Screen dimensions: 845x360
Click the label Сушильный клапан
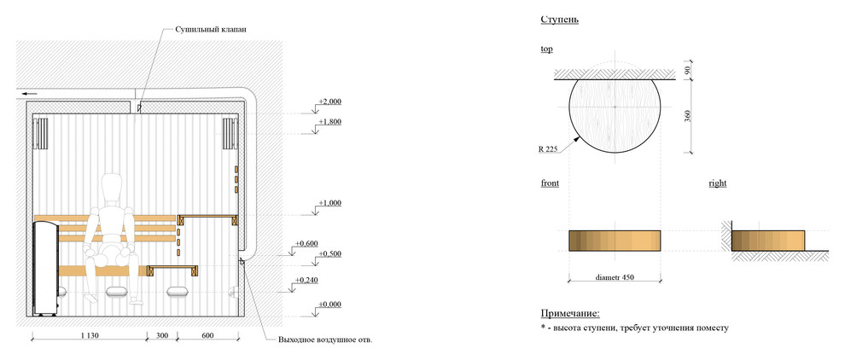tap(211, 30)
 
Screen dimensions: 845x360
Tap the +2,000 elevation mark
tap(329, 102)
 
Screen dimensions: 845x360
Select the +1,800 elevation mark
tap(329, 122)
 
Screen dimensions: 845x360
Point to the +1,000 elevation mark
tap(329, 203)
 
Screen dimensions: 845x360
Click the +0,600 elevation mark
tap(306, 244)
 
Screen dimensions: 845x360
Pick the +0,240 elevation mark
tap(306, 281)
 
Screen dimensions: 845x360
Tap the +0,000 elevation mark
tap(329, 305)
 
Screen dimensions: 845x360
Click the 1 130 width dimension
tap(89, 336)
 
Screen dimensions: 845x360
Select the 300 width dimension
tap(162, 336)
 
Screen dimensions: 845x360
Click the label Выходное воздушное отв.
tap(325, 340)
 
